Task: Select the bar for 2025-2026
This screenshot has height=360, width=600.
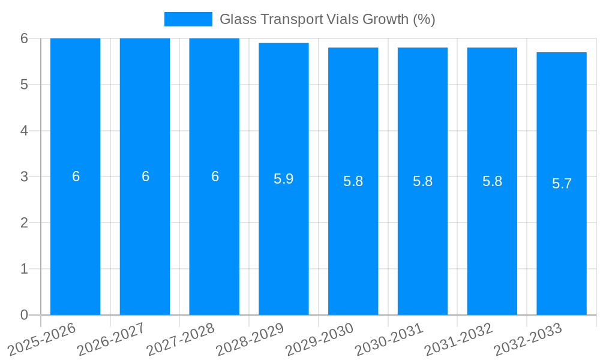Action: (75, 240)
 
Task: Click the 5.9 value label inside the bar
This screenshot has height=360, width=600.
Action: (284, 179)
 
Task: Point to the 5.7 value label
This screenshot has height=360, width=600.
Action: (562, 184)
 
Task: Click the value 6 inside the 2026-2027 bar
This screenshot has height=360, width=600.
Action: (145, 176)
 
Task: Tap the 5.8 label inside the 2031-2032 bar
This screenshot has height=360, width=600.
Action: (492, 181)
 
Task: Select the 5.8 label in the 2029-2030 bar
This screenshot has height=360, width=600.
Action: (353, 181)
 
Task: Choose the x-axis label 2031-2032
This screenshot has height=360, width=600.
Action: (459, 340)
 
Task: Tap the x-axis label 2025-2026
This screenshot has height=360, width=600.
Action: (43, 340)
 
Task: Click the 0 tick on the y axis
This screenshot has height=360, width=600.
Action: (24, 315)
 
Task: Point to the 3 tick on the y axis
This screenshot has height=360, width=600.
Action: (24, 176)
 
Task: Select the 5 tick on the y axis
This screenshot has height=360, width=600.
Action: (24, 85)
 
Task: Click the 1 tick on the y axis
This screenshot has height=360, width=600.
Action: (24, 269)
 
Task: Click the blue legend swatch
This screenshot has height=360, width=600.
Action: (188, 19)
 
